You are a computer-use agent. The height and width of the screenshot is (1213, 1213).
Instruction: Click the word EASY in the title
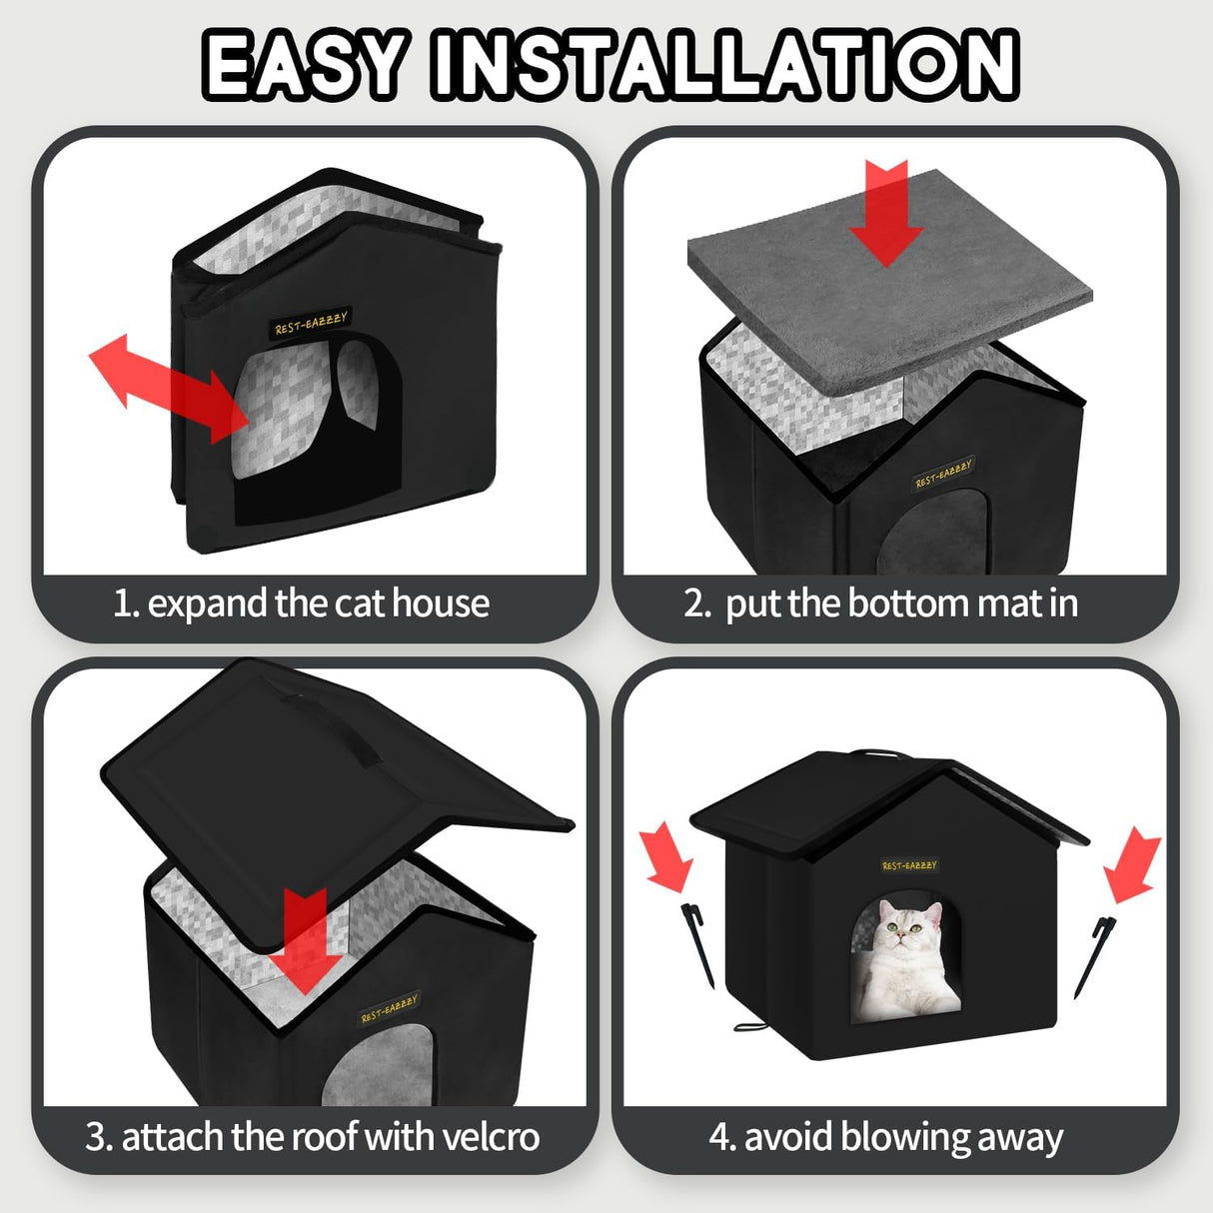tap(305, 65)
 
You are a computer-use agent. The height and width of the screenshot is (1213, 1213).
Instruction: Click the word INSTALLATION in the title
tap(724, 65)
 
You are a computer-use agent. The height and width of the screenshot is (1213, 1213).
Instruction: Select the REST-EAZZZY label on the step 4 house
tap(909, 865)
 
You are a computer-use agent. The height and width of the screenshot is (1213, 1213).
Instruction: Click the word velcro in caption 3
tap(491, 1137)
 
